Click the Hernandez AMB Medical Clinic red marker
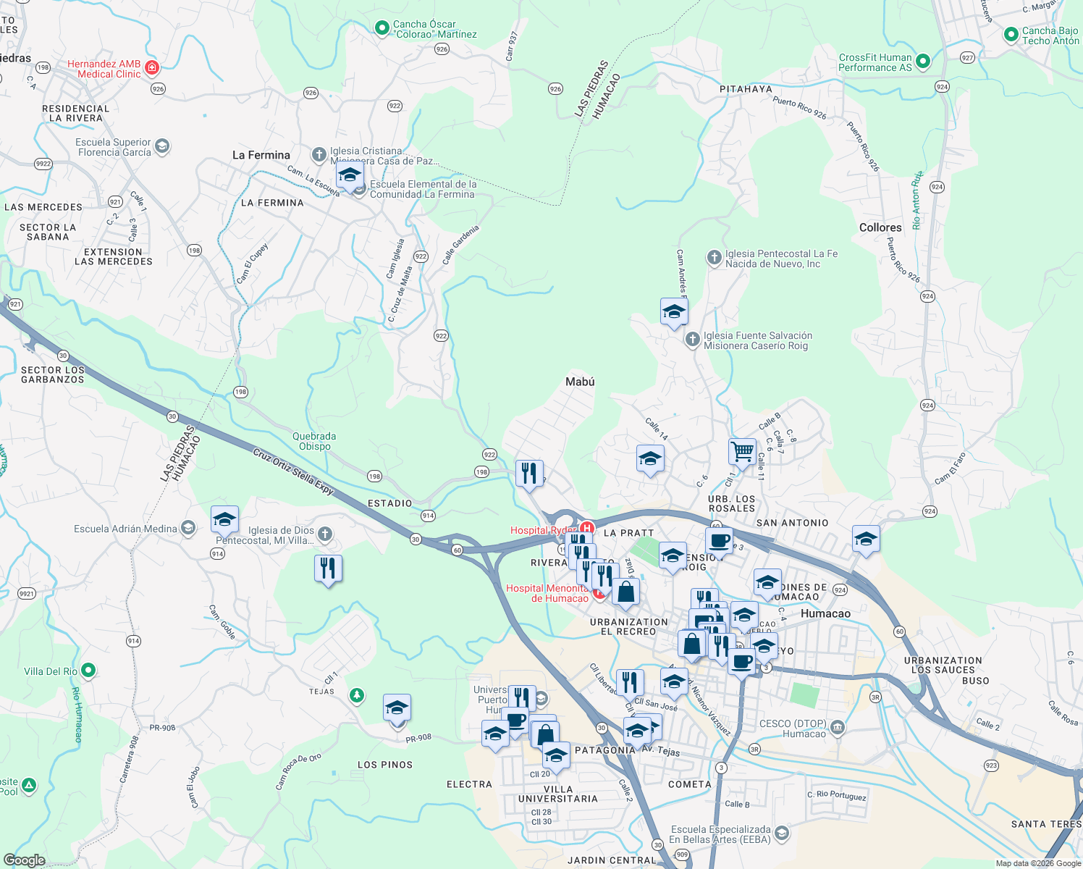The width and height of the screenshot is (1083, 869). tap(152, 69)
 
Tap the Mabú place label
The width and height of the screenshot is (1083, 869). tap(580, 382)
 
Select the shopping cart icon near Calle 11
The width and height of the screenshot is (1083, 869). tap(742, 452)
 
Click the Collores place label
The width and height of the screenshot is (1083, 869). tap(880, 227)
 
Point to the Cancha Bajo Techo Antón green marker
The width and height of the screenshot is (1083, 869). tap(1011, 35)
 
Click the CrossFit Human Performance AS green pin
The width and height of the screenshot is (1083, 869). tap(923, 62)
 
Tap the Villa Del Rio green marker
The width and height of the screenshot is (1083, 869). tap(88, 671)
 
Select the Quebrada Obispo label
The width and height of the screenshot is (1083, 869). tap(314, 441)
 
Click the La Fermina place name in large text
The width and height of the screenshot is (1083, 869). tap(261, 155)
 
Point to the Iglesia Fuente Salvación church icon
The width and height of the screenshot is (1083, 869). tap(693, 339)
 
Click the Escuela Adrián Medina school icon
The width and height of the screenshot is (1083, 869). tap(188, 528)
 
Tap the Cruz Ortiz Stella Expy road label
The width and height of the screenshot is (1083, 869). tap(293, 471)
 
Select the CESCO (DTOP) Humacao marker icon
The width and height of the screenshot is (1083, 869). tap(838, 727)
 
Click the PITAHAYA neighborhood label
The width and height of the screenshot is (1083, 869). tap(746, 89)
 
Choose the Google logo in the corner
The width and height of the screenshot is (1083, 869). tap(24, 860)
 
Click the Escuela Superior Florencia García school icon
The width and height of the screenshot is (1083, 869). tap(162, 146)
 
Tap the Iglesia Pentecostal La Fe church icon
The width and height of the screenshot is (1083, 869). tap(715, 257)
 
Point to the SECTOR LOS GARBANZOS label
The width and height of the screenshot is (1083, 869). tap(53, 374)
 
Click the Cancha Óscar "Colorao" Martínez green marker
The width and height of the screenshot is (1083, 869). tap(382, 28)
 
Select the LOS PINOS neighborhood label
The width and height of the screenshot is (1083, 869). tap(385, 765)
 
